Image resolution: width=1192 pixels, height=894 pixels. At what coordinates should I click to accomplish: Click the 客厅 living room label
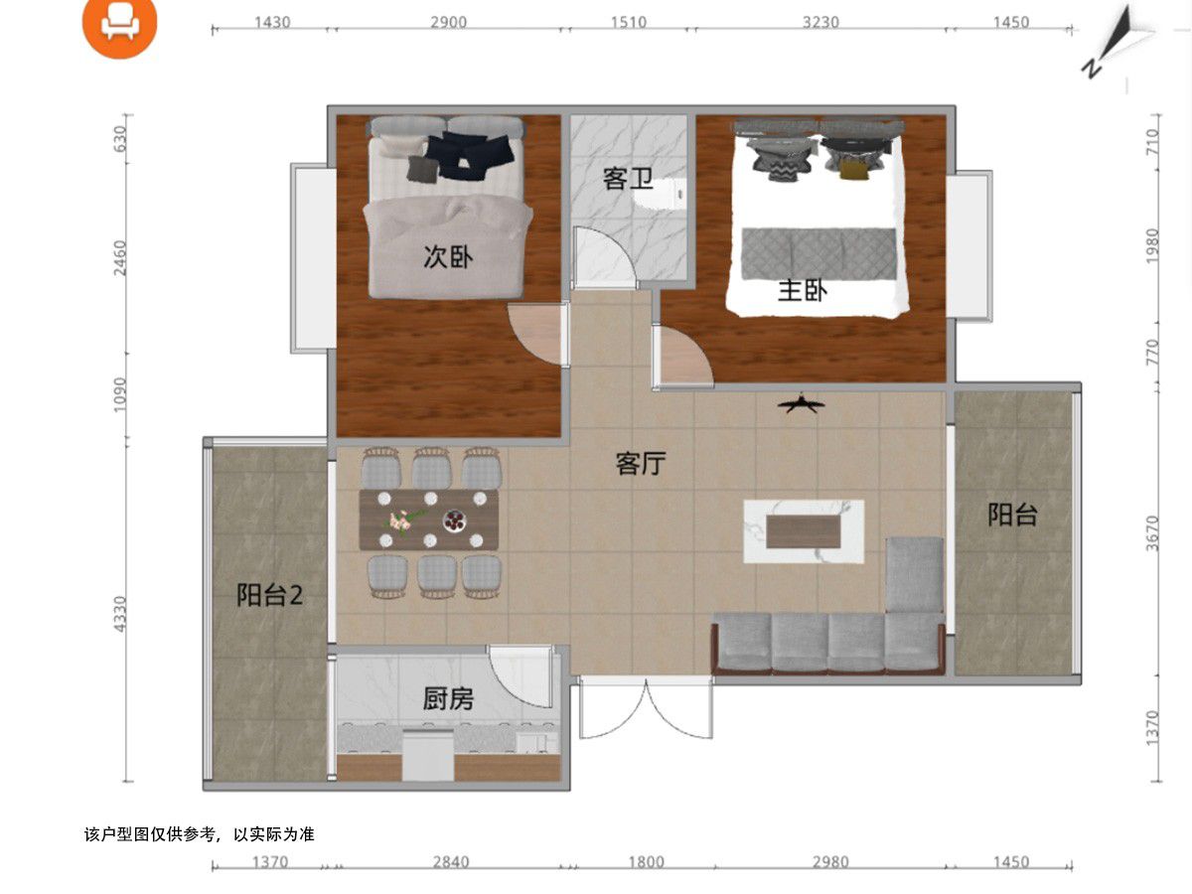[x=641, y=464]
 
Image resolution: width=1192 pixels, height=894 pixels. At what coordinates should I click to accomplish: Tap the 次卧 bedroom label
[x=448, y=256]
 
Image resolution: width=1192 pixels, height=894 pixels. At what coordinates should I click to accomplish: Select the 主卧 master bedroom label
[x=803, y=290]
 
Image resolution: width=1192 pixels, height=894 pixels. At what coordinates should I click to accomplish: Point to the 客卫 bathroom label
[x=628, y=179]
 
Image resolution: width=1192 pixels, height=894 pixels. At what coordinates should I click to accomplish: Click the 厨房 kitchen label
[x=448, y=698]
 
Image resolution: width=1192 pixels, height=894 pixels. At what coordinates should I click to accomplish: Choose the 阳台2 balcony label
[x=269, y=595]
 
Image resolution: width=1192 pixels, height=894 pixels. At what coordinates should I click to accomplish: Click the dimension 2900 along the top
[x=449, y=22]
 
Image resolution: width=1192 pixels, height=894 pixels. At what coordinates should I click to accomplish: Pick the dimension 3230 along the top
[x=820, y=22]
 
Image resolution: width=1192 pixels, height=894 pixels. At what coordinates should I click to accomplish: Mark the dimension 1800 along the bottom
[x=647, y=862]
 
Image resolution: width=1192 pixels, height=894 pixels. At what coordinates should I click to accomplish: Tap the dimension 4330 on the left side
[x=120, y=614]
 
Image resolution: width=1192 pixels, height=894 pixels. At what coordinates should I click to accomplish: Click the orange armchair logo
[x=119, y=23]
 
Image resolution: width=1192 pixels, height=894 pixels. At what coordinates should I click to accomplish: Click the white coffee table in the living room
[x=804, y=531]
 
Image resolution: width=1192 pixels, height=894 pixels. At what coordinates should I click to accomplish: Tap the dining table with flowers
[x=429, y=520]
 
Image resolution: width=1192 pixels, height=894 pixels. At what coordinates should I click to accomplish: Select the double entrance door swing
[x=647, y=709]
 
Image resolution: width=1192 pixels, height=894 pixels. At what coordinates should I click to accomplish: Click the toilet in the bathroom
[x=661, y=194]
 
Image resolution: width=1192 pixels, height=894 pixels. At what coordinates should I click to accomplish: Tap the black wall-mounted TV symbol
[x=801, y=404]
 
